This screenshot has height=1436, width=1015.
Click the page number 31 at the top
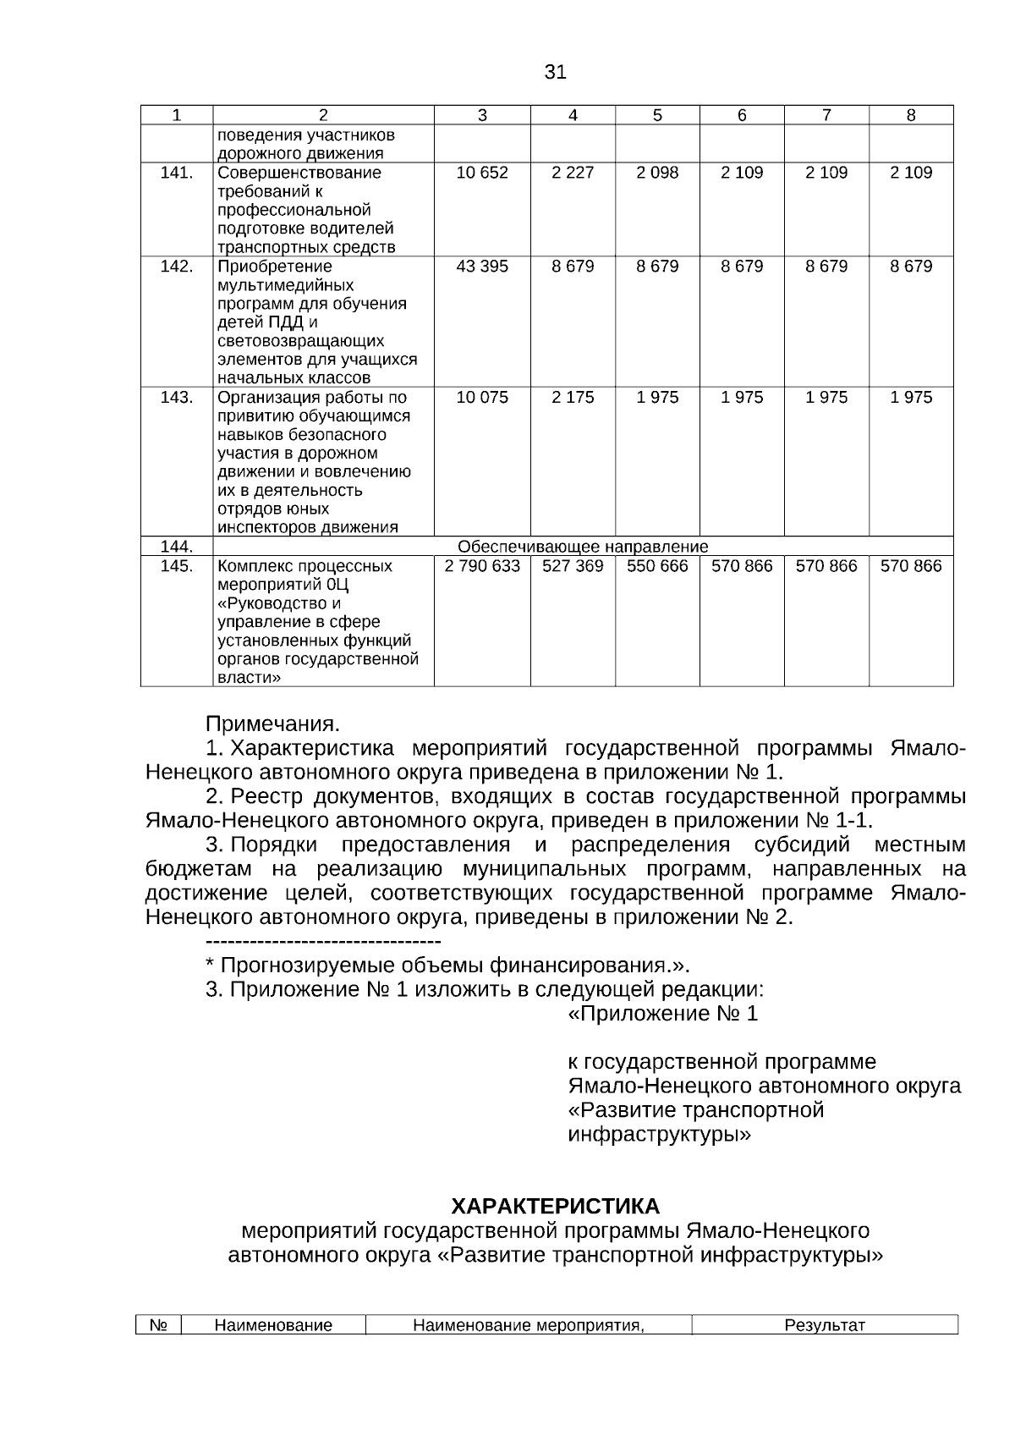[555, 73]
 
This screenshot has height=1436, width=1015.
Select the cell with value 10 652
[482, 173]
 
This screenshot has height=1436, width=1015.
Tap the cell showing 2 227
[573, 173]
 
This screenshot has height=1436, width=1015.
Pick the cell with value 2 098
[657, 173]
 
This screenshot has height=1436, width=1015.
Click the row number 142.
[177, 267]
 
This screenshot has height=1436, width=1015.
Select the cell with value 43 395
[482, 267]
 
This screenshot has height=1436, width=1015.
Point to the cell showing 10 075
[482, 398]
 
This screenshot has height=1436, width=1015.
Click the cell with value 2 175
[573, 398]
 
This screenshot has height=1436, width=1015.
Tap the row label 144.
[177, 547]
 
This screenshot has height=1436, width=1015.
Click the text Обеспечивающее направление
[583, 547]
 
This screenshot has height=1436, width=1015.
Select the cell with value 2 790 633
[482, 566]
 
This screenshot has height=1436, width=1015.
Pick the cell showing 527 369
[573, 566]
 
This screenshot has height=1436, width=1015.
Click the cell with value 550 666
[657, 566]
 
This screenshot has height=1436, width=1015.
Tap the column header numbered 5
[657, 116]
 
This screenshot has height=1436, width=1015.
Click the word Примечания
[272, 724]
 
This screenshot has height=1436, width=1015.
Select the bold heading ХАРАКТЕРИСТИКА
[555, 1206]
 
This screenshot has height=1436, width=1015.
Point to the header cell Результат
[825, 1325]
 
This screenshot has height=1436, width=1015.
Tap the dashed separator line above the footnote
[323, 942]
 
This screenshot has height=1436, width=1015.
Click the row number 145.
[177, 566]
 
